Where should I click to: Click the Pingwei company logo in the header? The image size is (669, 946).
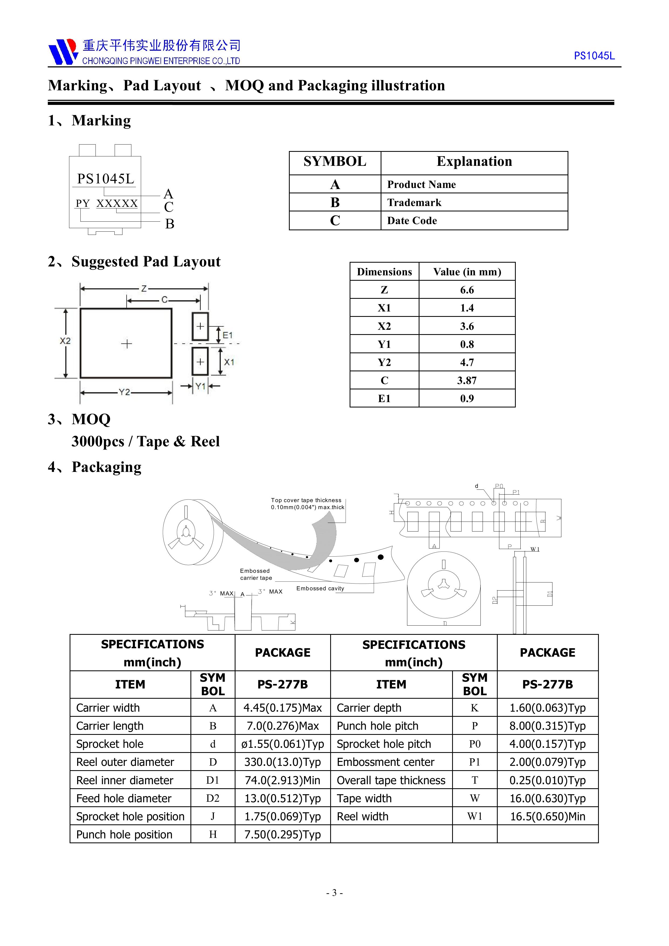click(x=63, y=52)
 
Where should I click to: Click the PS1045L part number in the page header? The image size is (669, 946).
click(x=594, y=56)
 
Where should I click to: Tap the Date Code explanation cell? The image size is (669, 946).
click(x=412, y=220)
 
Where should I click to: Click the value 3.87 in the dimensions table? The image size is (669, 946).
click(x=467, y=380)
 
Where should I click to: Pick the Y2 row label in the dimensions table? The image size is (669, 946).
click(x=384, y=362)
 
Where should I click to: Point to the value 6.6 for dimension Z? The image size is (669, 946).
click(x=467, y=290)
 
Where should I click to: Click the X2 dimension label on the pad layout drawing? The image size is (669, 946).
click(x=65, y=341)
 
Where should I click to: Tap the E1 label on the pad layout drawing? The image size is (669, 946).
click(x=227, y=335)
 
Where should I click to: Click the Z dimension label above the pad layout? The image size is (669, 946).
click(x=144, y=289)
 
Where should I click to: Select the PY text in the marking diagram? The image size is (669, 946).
click(x=83, y=204)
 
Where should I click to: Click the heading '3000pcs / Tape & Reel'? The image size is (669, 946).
click(x=145, y=441)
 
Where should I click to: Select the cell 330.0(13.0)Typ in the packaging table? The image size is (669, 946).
click(x=282, y=762)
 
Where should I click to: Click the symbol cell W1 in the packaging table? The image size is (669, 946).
click(x=475, y=816)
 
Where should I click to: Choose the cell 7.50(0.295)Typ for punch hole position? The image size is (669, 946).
click(x=282, y=834)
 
